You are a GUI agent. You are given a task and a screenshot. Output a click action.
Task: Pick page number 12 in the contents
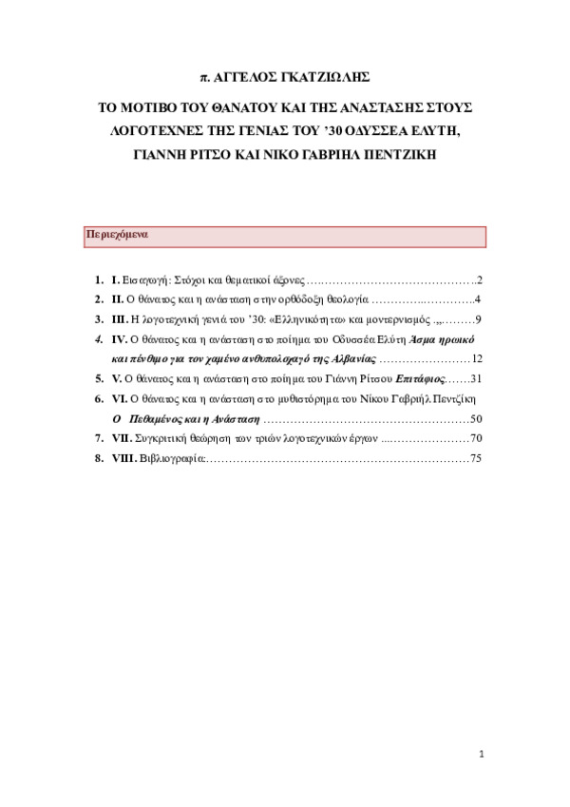tap(478, 359)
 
